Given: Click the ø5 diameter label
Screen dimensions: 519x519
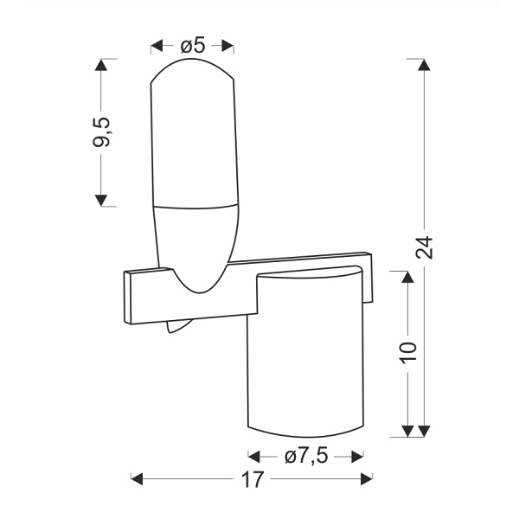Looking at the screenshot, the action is click(x=193, y=46).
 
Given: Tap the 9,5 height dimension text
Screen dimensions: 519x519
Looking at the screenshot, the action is click(x=100, y=132).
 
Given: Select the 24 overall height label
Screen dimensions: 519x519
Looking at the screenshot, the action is click(x=424, y=247).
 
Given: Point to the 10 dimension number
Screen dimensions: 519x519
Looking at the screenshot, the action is click(x=408, y=353).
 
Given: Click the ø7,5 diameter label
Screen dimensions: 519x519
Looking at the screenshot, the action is click(x=306, y=457).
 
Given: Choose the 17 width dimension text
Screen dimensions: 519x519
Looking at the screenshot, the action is click(x=253, y=479).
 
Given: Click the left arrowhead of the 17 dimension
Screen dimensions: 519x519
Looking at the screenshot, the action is click(x=137, y=479).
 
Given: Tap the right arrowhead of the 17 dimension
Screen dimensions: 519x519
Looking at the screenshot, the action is click(x=367, y=479).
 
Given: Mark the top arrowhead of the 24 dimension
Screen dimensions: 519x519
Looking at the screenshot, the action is click(x=424, y=65).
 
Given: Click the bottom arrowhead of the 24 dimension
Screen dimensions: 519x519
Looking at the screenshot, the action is click(x=424, y=431).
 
